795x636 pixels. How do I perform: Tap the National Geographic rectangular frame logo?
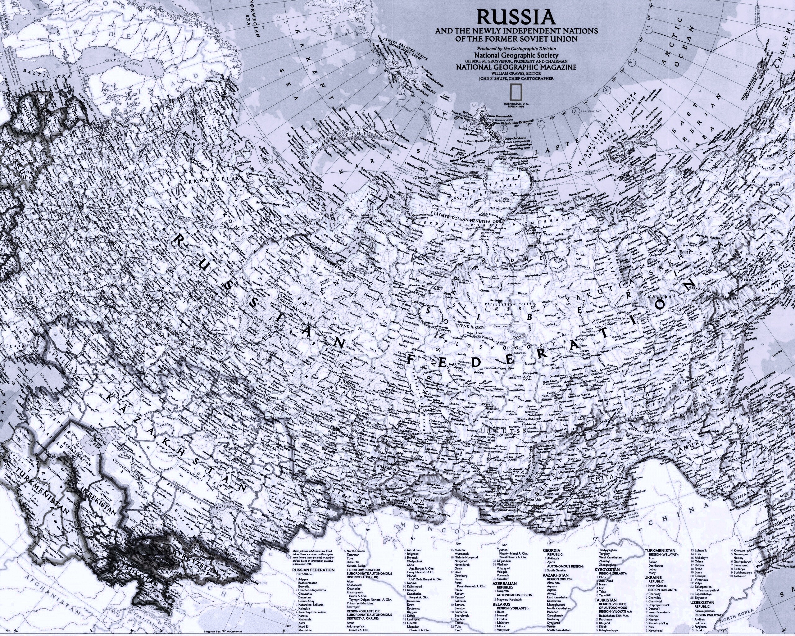pos(516,92)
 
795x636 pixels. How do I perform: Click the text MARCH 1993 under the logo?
pos(516,107)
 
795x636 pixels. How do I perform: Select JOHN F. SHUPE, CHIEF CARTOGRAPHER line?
pos(516,78)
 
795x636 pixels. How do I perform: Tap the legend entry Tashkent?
pos(740,576)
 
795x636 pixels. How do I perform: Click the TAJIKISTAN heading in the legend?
pos(605,600)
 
